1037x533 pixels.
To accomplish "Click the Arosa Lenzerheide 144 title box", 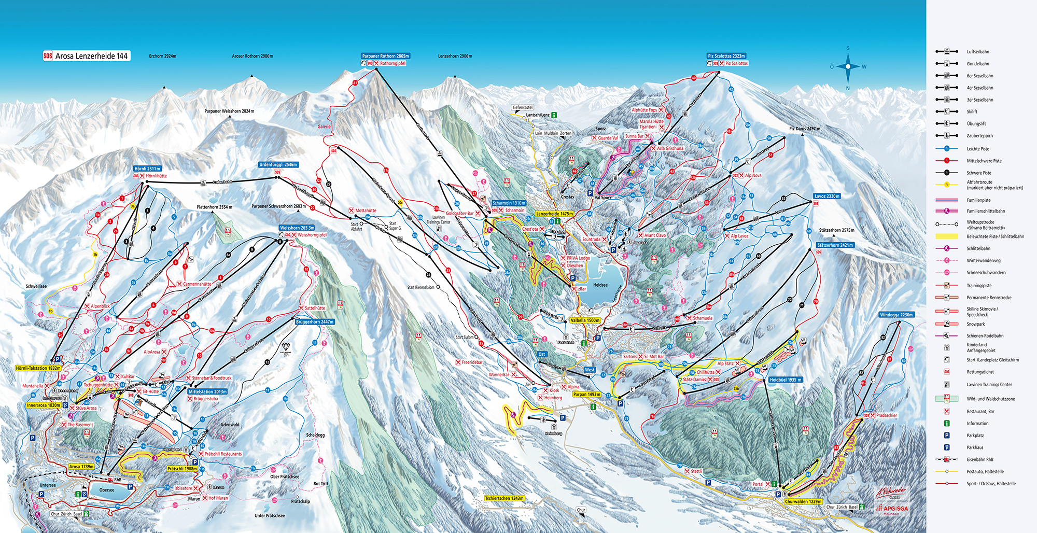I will pos(86,56).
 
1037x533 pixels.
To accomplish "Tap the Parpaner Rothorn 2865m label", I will pos(385,56).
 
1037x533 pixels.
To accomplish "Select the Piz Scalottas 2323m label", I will pos(726,56).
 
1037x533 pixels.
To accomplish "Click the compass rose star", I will pos(848,66).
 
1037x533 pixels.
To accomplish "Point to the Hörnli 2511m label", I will pos(147,169).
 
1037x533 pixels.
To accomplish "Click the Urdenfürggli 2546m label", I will pos(278,165).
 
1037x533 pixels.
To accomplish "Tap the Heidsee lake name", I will pos(600,285).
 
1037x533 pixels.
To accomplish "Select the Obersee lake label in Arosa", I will pos(107,490).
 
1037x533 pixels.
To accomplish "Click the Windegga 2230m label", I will pos(896,315).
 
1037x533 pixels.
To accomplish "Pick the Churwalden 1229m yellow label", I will pos(803,501).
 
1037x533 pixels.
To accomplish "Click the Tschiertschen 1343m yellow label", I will pos(504,498).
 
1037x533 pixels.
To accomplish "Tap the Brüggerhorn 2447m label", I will pos(314,322).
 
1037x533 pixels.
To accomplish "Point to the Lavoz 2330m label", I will pos(826,197).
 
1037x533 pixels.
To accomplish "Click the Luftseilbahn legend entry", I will pos(977,52).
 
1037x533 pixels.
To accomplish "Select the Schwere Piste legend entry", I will pos(978,173).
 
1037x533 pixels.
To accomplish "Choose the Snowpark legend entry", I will pos(975,324).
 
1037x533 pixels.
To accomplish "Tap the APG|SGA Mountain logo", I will pos(892,509).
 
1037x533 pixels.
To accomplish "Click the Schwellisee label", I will pos(36,286).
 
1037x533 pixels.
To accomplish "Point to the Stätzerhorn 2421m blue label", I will pos(835,245).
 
